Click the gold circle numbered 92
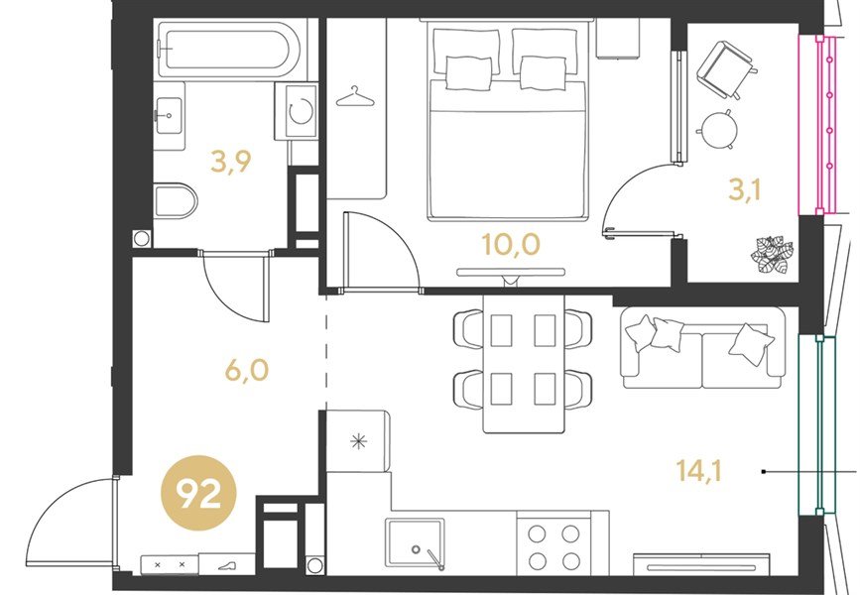198,494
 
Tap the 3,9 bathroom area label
231,162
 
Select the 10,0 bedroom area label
511,245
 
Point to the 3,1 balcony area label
745,190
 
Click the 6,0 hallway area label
247,370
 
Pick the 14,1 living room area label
699,470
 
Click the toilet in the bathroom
176,200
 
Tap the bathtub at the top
228,49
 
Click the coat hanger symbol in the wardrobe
355,97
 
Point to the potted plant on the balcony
772,254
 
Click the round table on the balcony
718,130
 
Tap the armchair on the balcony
727,69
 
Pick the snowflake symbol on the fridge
358,441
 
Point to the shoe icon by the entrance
226,566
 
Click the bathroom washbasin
169,116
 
